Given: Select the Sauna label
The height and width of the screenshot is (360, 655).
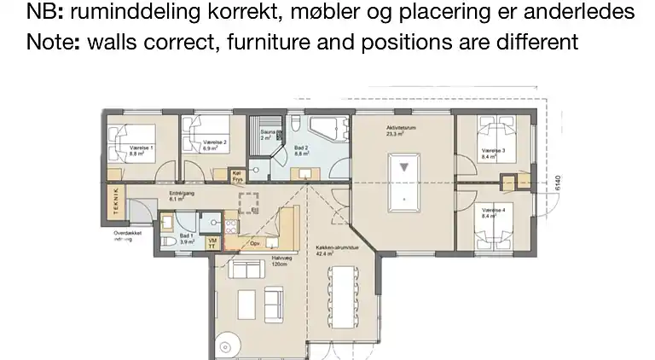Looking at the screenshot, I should point(267,134).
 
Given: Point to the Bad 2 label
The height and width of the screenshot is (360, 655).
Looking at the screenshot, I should point(301,149).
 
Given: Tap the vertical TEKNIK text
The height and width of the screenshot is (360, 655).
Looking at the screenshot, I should point(114,204).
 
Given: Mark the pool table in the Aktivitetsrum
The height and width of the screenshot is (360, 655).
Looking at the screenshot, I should point(401,183).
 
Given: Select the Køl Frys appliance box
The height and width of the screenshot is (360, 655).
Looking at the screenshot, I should point(237,176).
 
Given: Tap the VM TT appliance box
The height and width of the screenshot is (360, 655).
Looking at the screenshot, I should point(212,244).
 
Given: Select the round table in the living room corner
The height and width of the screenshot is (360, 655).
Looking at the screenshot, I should point(229,348).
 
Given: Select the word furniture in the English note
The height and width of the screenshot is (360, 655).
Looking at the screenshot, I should point(273,41).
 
